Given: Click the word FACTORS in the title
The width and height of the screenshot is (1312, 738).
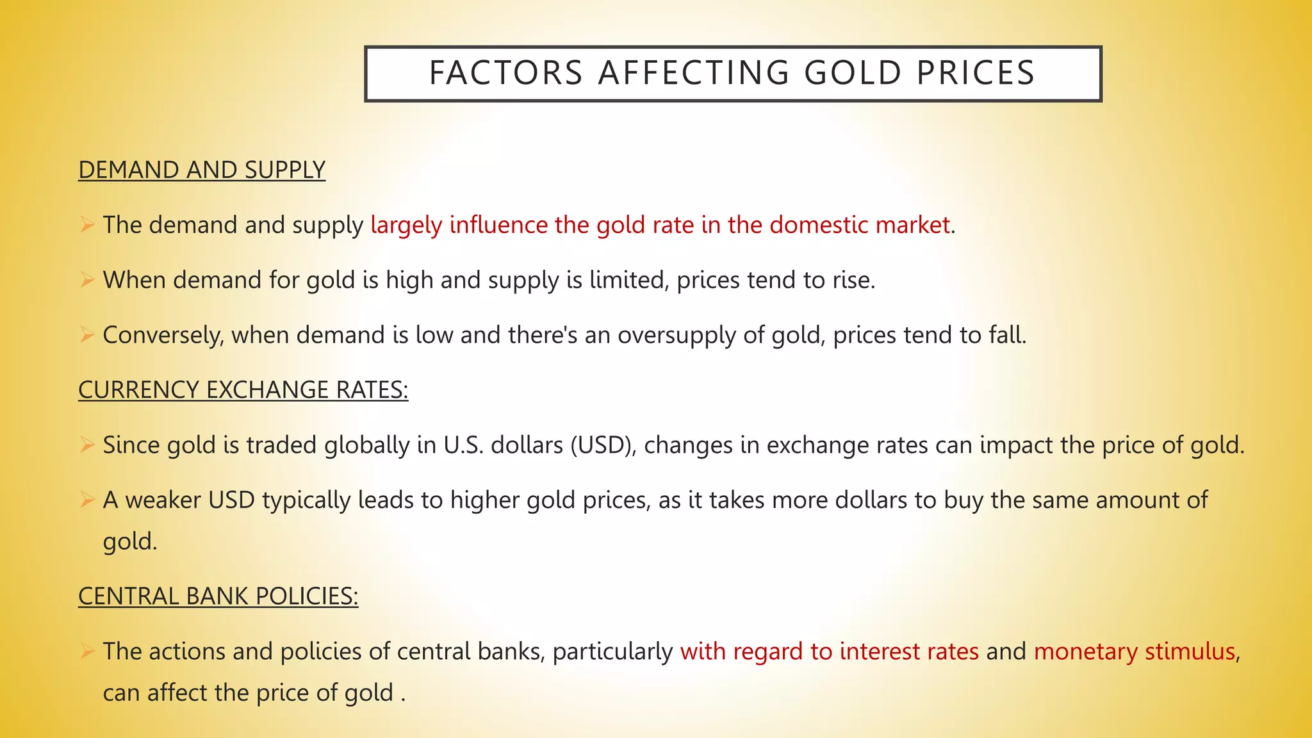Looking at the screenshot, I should pos(506,73).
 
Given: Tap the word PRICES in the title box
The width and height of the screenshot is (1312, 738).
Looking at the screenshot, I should pos(975,73).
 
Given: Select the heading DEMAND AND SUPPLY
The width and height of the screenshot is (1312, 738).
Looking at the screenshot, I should pos(202,170).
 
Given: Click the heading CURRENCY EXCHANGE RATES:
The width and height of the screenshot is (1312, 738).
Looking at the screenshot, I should pos(243,390).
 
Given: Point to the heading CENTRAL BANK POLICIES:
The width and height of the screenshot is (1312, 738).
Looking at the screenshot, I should pos(218,596).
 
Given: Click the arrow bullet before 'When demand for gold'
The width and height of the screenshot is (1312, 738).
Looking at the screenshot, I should pos(88,280).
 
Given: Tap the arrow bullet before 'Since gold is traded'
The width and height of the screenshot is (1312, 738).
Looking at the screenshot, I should pos(88,445).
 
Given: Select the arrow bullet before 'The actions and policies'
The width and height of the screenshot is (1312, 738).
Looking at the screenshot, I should pos(88,651).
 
